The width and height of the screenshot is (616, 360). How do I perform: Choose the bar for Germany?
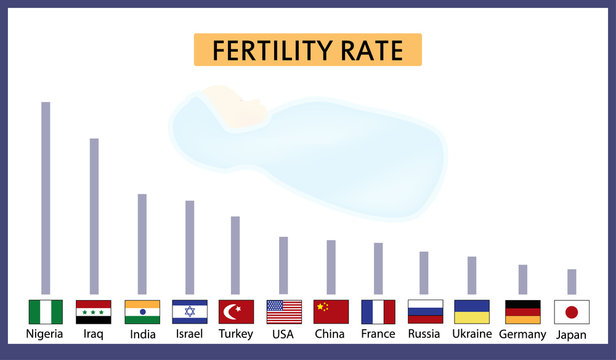(x=522, y=279)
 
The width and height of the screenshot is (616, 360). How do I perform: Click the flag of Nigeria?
(x=45, y=312)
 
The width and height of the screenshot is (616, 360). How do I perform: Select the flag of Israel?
(x=189, y=312)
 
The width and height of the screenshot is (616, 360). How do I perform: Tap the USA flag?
(x=284, y=312)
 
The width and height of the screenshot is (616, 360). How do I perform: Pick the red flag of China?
(x=331, y=312)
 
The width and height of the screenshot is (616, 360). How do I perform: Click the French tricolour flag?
(x=378, y=312)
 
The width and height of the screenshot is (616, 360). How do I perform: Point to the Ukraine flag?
(x=472, y=312)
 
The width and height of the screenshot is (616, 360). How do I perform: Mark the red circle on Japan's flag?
(x=572, y=312)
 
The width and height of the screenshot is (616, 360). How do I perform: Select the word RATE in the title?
(x=376, y=50)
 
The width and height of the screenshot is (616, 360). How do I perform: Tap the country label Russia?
(x=424, y=334)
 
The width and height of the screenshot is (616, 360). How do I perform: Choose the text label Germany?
(x=522, y=334)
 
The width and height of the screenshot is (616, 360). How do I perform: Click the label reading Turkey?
(x=236, y=334)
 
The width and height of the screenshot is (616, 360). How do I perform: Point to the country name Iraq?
(x=94, y=334)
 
